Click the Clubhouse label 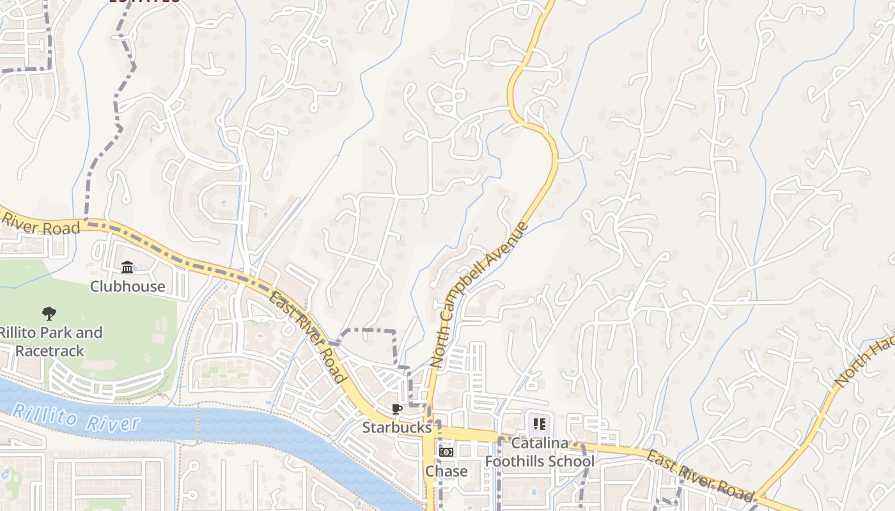(127, 286)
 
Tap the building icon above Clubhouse (127, 266)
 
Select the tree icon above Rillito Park (49, 313)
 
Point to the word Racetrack (50, 351)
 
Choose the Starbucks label (397, 427)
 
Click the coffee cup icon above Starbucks (397, 409)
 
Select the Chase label (446, 471)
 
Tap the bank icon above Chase (446, 452)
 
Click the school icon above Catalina (540, 423)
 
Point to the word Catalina (540, 443)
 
